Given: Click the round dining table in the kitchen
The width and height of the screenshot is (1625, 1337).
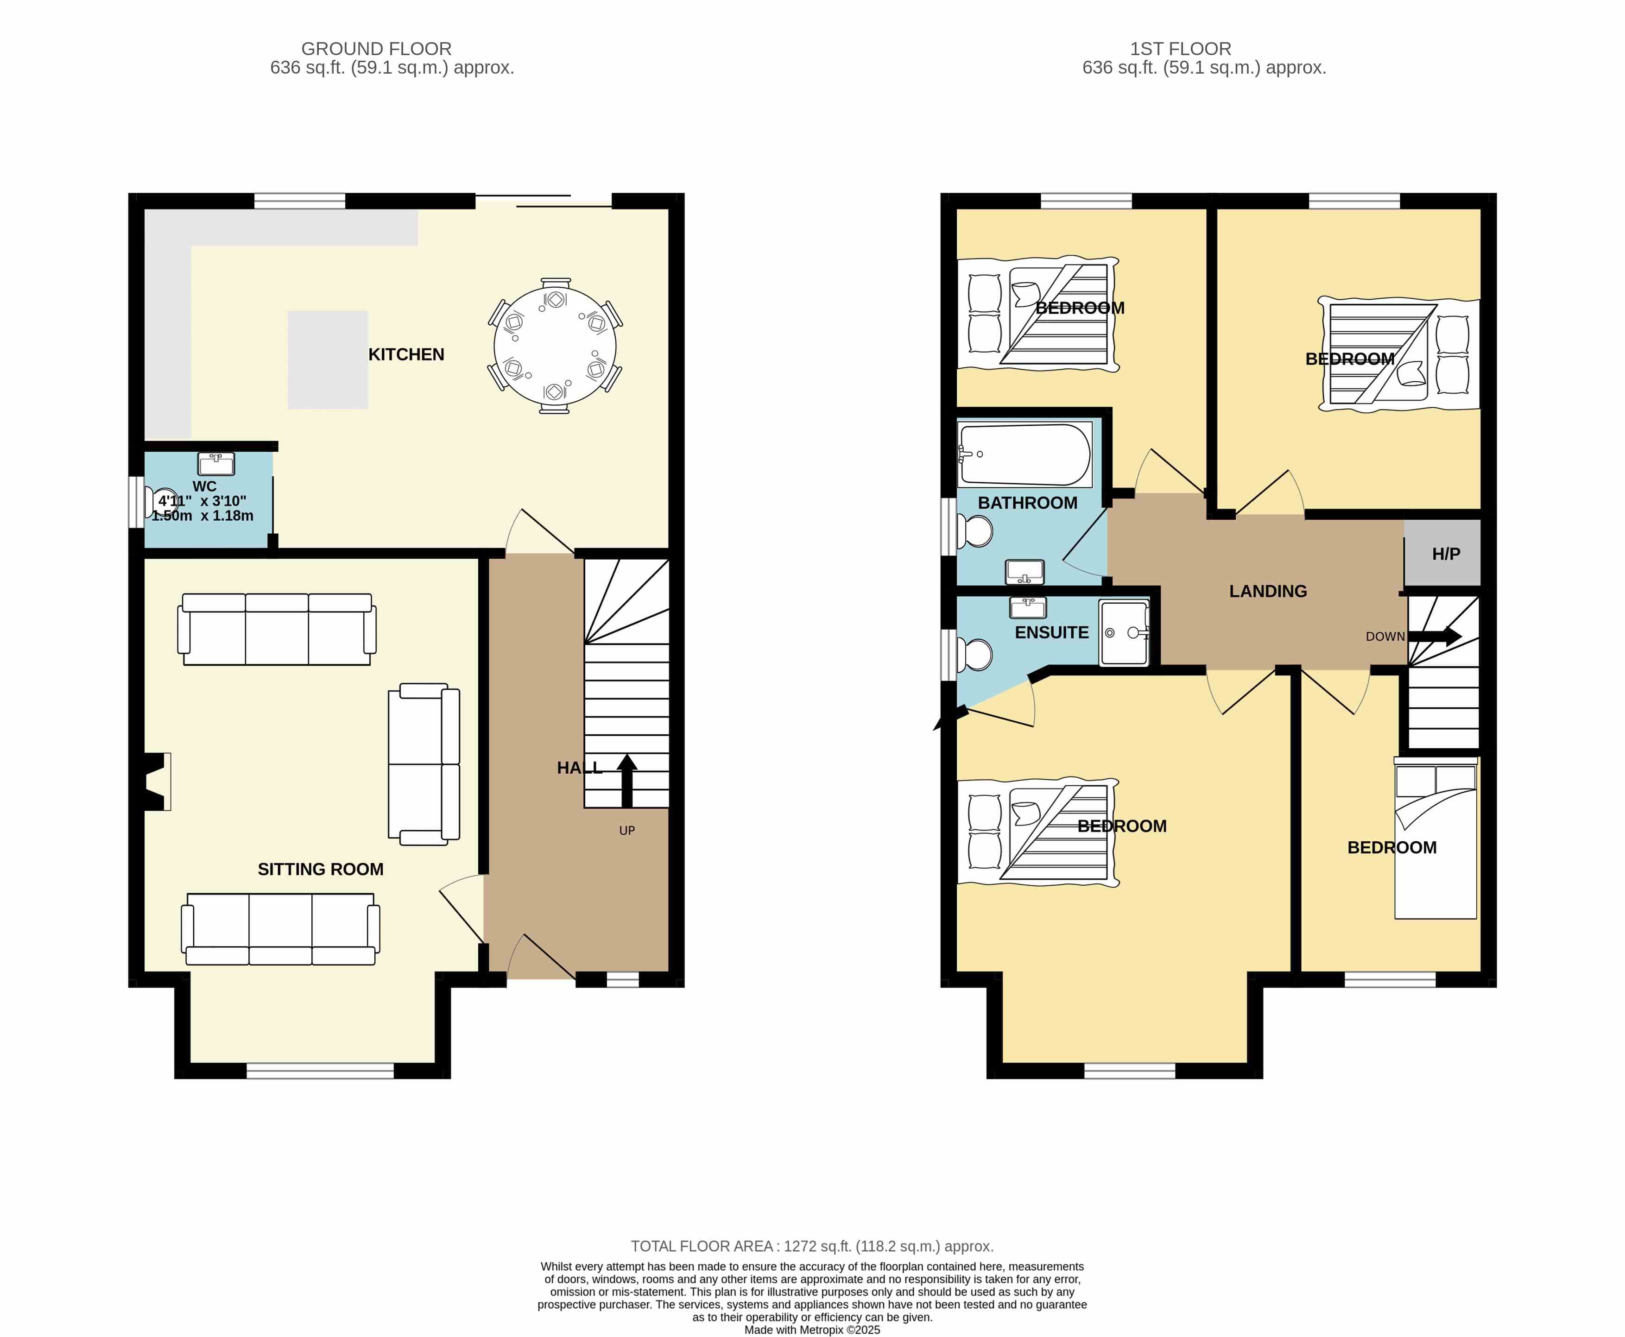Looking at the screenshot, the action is click(555, 346).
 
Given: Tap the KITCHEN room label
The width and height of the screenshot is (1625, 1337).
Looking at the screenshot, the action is click(406, 354).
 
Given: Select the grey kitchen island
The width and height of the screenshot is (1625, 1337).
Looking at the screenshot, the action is click(328, 359).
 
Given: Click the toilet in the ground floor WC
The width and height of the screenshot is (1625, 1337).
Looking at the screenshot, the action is click(161, 502).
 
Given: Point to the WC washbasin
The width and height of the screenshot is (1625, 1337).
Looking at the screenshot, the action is click(216, 464).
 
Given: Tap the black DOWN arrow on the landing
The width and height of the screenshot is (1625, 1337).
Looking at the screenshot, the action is click(1435, 636).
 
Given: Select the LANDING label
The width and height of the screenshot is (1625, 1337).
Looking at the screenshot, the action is click(1268, 592).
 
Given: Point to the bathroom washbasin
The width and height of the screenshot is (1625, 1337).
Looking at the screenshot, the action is click(1025, 572).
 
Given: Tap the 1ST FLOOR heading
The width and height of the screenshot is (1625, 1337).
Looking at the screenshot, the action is click(1181, 49).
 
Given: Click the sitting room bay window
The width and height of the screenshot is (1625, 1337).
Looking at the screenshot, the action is click(320, 1071).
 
